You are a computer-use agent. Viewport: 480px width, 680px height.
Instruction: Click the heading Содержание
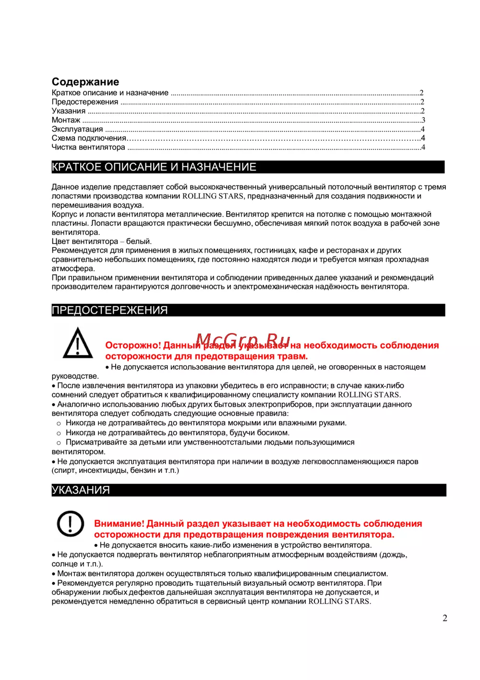(x=85, y=82)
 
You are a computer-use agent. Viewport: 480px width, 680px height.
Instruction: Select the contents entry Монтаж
(x=66, y=120)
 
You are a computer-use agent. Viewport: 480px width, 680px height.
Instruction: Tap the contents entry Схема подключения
(x=89, y=138)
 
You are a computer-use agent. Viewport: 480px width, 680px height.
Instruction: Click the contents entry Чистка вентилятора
(x=88, y=148)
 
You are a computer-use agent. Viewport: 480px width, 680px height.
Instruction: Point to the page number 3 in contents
(x=423, y=120)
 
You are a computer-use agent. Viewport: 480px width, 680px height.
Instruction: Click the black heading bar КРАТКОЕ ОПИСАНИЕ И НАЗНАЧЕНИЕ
(x=248, y=167)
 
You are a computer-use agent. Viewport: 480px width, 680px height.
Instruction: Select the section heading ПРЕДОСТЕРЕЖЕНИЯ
(x=110, y=310)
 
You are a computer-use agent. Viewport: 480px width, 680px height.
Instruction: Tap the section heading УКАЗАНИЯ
(x=81, y=490)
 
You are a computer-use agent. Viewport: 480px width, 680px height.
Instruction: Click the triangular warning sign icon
(x=78, y=343)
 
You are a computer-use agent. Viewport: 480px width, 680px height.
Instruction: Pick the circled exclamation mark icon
(x=71, y=523)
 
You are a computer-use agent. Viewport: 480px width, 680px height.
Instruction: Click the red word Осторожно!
(x=133, y=346)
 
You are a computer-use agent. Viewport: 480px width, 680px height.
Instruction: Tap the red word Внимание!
(x=119, y=524)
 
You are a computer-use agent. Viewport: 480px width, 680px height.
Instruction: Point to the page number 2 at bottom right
(x=444, y=618)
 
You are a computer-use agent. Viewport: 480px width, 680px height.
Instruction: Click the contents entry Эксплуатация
(x=77, y=129)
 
